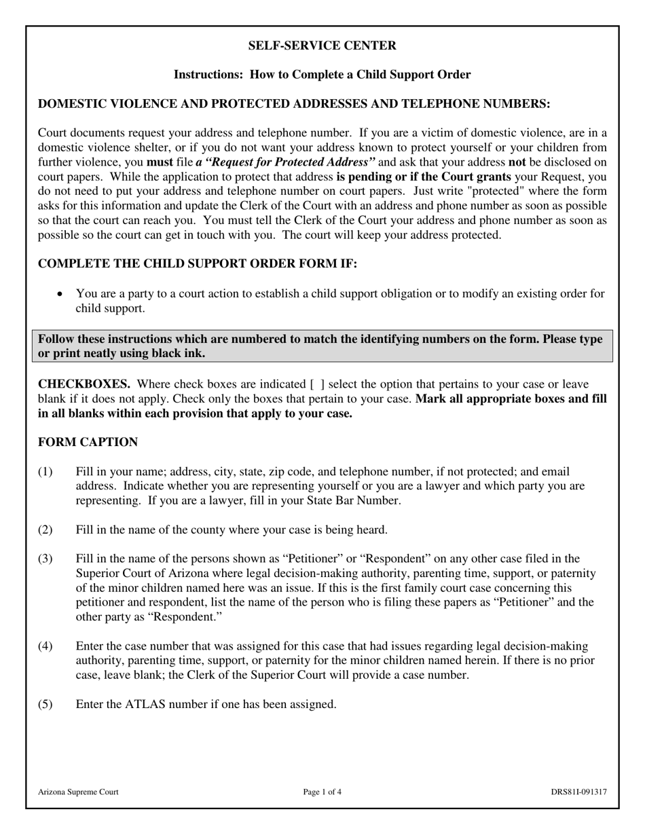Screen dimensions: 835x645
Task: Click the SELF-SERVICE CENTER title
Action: tap(322, 45)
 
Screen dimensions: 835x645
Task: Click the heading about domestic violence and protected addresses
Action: tap(293, 103)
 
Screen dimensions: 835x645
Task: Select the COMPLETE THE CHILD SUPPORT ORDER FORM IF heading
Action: tap(197, 263)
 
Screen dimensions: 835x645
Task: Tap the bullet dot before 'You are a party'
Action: tap(61, 294)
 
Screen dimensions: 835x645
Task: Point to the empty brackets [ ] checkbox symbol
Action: tap(317, 384)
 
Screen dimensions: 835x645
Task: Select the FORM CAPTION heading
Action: tap(88, 442)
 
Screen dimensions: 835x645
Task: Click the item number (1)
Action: tap(45, 471)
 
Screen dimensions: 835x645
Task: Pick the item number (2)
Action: tap(45, 530)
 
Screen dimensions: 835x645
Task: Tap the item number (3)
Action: tap(45, 559)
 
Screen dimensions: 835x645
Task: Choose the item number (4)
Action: tap(45, 646)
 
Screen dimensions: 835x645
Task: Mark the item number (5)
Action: tap(45, 704)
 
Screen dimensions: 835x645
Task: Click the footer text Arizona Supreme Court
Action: tap(78, 792)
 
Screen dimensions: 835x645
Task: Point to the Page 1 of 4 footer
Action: tap(322, 792)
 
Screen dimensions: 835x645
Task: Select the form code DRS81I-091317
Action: tap(578, 792)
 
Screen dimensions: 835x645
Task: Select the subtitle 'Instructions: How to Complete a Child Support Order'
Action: tap(322, 75)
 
